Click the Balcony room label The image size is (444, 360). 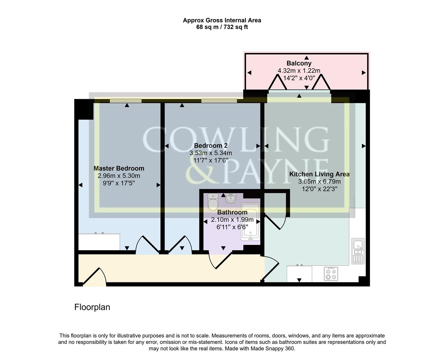(x=299, y=63)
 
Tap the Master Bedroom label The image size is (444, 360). (x=119, y=169)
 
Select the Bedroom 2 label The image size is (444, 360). (x=211, y=146)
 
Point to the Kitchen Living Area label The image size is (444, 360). (x=319, y=174)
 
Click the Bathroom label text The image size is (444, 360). (x=232, y=212)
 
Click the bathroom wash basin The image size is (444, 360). (x=230, y=199)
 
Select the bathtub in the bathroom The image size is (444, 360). (x=250, y=222)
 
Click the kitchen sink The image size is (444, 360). (x=358, y=251)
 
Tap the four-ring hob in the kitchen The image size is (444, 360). (x=330, y=273)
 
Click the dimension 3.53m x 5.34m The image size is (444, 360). (x=211, y=153)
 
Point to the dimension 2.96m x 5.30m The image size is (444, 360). (x=119, y=176)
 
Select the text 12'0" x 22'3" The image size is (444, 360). (x=319, y=189)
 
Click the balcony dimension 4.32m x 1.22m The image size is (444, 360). (x=299, y=71)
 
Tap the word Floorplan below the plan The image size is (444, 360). (x=92, y=307)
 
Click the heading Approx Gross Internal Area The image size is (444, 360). (x=222, y=20)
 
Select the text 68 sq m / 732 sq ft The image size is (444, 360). (x=222, y=27)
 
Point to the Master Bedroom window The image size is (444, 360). (x=126, y=100)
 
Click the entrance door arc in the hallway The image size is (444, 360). (x=95, y=277)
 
